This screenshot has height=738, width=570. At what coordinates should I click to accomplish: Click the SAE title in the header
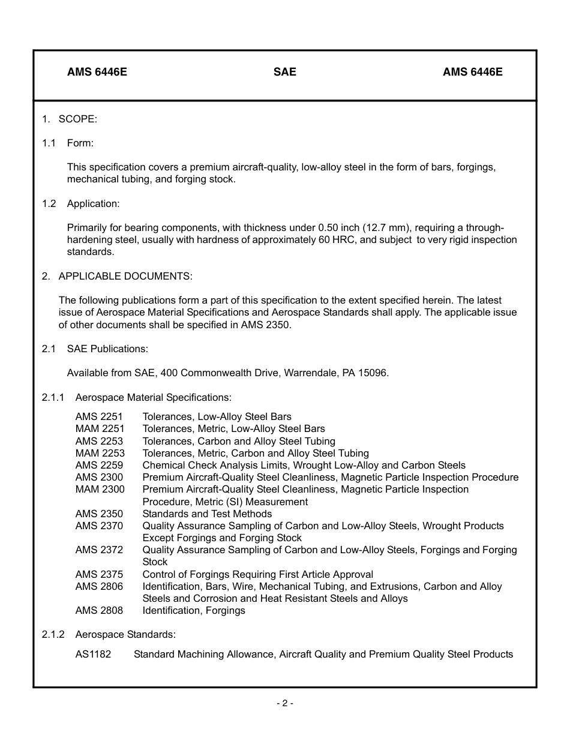pos(285,72)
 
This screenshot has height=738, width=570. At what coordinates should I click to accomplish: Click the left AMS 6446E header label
pos(97,72)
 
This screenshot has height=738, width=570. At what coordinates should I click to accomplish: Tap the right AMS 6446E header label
pos(473,72)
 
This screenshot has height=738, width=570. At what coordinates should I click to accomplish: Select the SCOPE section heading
pos(77,119)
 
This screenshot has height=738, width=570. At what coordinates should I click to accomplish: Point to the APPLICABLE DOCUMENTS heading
pos(125,276)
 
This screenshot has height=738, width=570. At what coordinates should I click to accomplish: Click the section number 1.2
pos(49,203)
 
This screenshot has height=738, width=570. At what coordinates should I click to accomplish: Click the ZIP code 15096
pos(373,373)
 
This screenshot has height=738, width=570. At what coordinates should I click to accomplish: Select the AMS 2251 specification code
pos(99,416)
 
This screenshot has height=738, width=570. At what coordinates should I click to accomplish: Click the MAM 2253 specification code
pos(100,453)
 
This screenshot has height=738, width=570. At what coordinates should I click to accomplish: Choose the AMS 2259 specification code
pos(99,465)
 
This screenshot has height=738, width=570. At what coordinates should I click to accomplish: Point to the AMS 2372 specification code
pos(99,550)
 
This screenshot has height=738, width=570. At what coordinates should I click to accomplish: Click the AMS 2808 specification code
pos(99,610)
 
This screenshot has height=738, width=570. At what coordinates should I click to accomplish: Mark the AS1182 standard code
pos(93,654)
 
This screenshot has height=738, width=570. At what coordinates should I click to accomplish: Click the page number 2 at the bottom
pos(285,703)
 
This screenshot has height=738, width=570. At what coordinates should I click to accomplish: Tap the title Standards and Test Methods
pos(207,514)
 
